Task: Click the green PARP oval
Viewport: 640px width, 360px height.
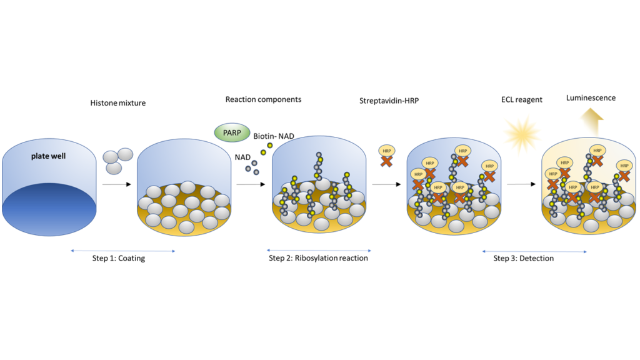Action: [x=232, y=132]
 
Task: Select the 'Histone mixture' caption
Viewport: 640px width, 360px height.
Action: [x=118, y=102]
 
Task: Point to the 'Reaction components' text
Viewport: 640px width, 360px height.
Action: [x=263, y=99]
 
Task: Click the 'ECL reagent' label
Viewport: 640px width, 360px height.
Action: [x=521, y=99]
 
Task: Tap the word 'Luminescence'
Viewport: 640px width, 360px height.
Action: [x=591, y=98]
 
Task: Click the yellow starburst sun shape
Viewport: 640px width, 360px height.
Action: [x=522, y=134]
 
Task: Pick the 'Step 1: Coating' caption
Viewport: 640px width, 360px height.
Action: [x=118, y=258]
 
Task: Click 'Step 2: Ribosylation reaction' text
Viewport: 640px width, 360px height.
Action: [x=318, y=258]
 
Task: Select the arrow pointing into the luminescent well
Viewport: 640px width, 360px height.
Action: [x=522, y=184]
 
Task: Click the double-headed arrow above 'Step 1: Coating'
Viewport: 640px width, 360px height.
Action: [x=122, y=251]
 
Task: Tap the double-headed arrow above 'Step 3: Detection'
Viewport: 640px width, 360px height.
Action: [x=534, y=251]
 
